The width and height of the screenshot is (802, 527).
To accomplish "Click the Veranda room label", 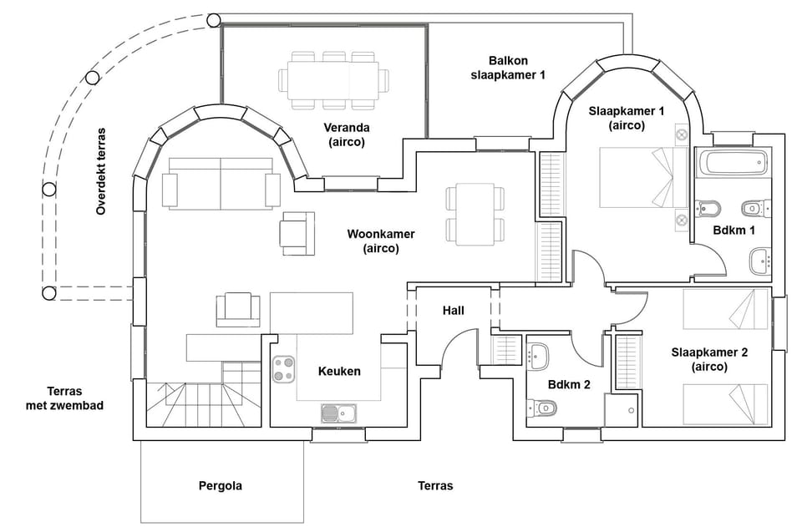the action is pyautogui.click(x=347, y=135).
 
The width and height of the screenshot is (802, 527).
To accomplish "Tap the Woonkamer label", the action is pyautogui.click(x=381, y=241).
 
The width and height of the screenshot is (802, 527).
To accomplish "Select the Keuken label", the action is pyautogui.click(x=340, y=371).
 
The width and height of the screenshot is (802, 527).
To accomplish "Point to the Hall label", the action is pyautogui.click(x=454, y=311).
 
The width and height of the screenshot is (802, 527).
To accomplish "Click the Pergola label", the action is pyautogui.click(x=221, y=485).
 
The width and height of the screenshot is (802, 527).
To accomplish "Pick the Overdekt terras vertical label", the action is pyautogui.click(x=101, y=171).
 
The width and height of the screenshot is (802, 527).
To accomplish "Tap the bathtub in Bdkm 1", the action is pyautogui.click(x=733, y=163).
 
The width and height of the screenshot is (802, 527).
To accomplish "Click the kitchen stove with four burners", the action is pyautogui.click(x=283, y=369).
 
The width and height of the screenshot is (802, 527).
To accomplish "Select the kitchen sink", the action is pyautogui.click(x=339, y=413).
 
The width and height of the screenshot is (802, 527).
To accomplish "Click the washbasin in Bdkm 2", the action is pyautogui.click(x=537, y=356).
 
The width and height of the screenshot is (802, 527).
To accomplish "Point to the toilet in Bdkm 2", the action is pyautogui.click(x=541, y=408).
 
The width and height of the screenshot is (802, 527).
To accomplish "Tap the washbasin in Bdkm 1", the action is pyautogui.click(x=760, y=261).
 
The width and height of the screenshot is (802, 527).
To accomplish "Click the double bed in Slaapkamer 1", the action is pyautogui.click(x=643, y=177).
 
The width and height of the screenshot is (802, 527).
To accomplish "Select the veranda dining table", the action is pyautogui.click(x=333, y=80).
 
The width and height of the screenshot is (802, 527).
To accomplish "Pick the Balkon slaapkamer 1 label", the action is pyautogui.click(x=508, y=68).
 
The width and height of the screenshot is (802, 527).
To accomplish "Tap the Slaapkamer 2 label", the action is pyautogui.click(x=709, y=359).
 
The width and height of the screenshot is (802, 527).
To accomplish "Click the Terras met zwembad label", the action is pyautogui.click(x=64, y=398).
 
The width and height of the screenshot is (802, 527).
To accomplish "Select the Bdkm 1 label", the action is pyautogui.click(x=734, y=230).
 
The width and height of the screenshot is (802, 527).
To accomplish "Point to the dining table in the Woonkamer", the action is pyautogui.click(x=475, y=214).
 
